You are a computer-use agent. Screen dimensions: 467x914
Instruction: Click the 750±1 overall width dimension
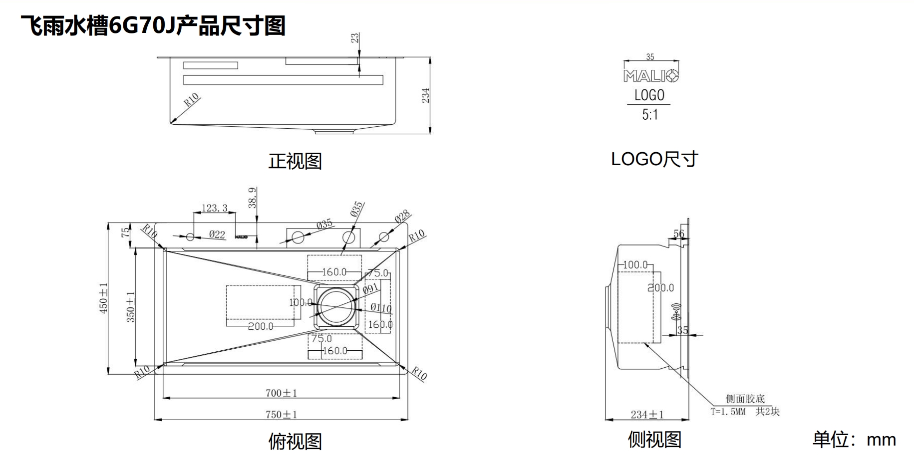281,415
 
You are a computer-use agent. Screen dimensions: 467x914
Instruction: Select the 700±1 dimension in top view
281,393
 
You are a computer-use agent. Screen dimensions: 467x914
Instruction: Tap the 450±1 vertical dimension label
103,298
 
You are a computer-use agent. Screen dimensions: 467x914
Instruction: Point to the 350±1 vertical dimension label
131,306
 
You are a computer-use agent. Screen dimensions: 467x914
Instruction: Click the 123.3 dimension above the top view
214,208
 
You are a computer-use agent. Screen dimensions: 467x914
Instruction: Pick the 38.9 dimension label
253,198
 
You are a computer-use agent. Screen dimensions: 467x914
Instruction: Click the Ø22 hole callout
217,234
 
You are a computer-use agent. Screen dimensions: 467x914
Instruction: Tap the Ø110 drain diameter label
381,308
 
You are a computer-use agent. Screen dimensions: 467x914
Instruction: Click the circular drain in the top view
335,306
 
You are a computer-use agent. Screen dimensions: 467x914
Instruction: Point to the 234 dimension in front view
425,95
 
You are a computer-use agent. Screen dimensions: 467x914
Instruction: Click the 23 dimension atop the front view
355,38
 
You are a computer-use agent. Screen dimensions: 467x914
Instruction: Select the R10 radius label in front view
191,100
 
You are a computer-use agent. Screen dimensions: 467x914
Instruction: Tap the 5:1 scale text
649,115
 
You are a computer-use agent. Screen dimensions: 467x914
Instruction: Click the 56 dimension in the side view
678,233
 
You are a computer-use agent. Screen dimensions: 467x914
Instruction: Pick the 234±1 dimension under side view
647,415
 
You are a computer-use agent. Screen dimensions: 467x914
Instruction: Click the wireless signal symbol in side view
676,312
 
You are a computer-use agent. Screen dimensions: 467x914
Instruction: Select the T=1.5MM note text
728,412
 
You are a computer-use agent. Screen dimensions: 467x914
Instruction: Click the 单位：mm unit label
854,440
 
